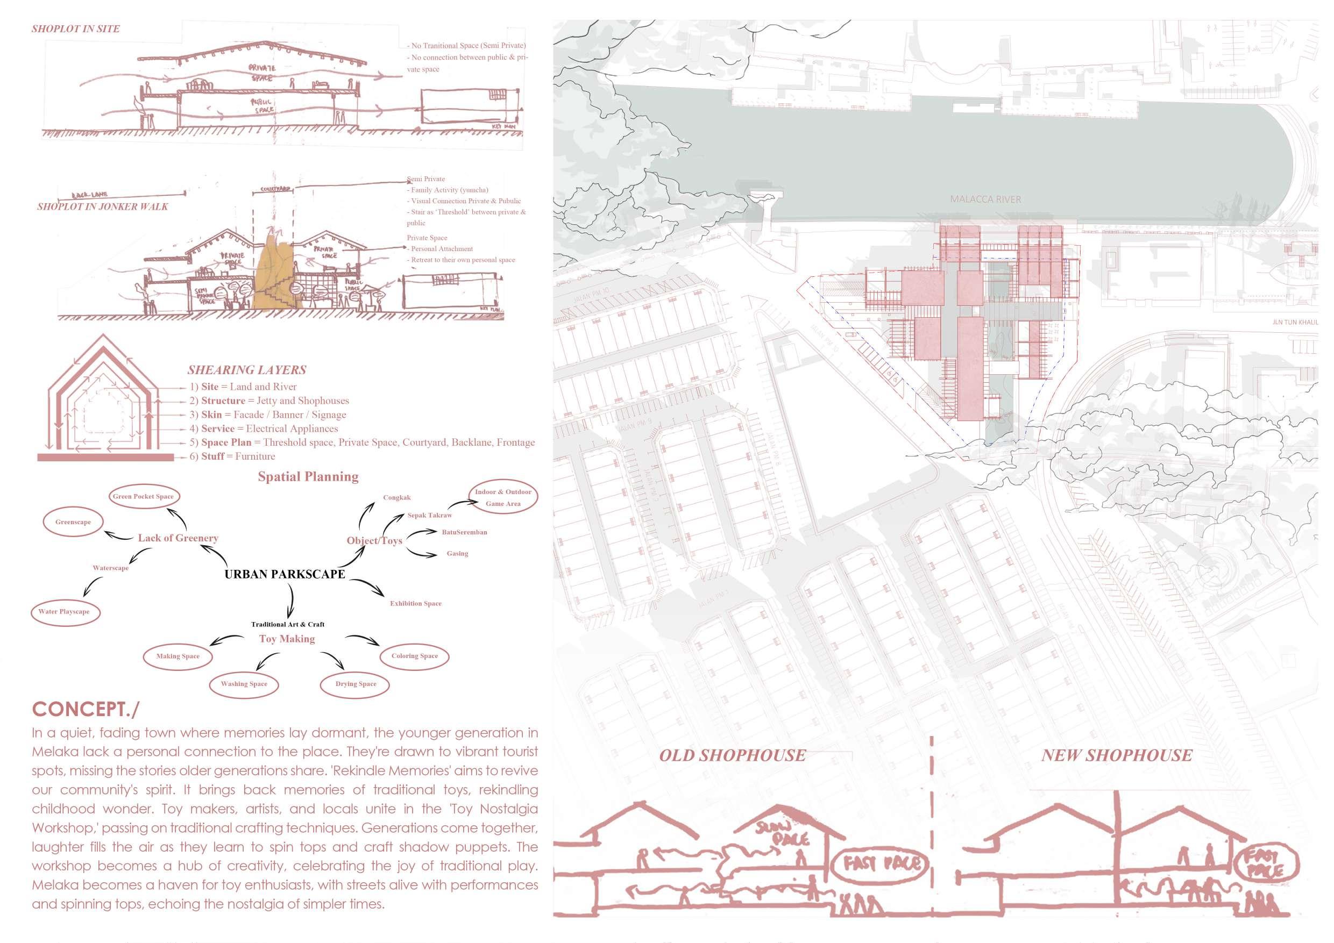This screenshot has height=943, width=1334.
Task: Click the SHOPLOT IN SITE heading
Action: pos(75,29)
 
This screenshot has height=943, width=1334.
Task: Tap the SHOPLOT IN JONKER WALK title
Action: pos(102,206)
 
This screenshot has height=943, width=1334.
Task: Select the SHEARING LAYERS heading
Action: pos(246,370)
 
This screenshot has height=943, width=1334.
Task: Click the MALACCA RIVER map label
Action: pos(985,199)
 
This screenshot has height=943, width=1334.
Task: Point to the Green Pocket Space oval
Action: pos(143,496)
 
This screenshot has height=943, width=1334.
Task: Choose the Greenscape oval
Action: pos(73,522)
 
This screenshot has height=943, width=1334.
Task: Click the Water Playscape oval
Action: pos(64,611)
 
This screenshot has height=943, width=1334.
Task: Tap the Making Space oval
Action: pos(178,656)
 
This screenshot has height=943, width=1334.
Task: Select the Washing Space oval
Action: pos(244,684)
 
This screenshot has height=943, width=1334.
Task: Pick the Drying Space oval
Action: pos(356,684)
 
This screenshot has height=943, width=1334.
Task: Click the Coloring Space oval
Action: pos(414,656)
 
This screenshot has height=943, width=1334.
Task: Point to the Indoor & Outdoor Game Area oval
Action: pos(503,498)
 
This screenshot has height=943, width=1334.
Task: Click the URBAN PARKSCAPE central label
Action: pos(285,574)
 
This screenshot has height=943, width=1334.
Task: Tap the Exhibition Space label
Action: pos(415,603)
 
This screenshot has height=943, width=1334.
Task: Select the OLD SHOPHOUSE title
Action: pos(732,755)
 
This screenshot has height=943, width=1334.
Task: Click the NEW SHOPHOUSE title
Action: pos(1116,755)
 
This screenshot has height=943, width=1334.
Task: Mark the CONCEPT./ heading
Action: pos(86,709)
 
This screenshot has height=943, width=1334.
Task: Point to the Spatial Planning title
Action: pos(308,477)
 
